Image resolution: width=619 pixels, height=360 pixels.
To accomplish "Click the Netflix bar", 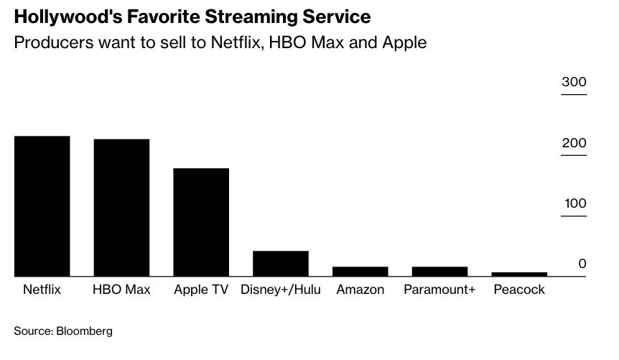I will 42,206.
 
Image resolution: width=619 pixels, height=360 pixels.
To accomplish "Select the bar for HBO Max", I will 121,207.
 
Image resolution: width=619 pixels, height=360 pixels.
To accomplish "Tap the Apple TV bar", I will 201,221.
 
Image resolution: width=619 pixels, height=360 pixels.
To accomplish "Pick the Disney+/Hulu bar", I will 281,263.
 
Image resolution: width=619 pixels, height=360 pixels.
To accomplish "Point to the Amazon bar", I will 360,271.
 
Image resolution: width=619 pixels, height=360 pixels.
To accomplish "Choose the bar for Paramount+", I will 439,271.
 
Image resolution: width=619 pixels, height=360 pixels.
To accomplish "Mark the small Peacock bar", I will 519,274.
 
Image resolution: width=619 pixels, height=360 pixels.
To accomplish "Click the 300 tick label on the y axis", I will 574,83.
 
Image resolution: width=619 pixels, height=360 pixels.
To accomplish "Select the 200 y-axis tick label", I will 574,143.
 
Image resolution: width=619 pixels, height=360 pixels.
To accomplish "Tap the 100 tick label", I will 574,203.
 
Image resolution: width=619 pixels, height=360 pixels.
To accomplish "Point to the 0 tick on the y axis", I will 582,264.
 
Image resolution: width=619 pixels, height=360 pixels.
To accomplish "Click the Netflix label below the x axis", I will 42,290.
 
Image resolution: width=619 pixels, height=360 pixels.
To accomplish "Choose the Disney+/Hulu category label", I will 281,290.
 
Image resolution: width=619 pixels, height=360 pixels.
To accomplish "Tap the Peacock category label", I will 519,290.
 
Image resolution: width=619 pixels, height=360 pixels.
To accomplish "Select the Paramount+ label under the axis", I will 439,290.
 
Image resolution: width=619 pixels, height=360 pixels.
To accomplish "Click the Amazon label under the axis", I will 360,290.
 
